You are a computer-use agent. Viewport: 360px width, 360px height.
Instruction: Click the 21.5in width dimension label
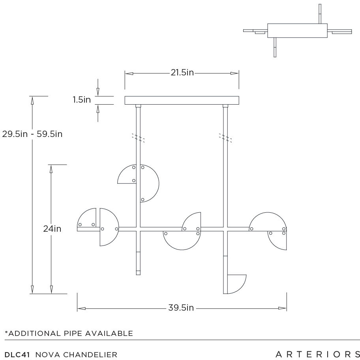[182, 73]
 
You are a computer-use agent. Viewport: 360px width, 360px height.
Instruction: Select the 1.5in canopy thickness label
[82, 100]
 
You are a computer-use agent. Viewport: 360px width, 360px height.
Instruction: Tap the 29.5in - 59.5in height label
[32, 134]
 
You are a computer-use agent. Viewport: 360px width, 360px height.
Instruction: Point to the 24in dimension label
[52, 229]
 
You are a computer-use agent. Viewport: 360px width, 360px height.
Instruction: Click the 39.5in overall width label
[181, 308]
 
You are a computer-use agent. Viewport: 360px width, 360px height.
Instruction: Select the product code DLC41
[18, 354]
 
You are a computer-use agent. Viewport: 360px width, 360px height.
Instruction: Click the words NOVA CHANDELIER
[76, 354]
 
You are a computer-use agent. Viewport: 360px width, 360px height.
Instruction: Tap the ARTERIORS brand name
[317, 354]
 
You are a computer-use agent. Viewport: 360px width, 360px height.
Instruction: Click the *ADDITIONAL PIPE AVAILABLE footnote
[69, 334]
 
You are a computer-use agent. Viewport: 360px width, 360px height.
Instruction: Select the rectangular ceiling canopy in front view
[182, 100]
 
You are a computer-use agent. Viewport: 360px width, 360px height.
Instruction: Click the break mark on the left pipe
[138, 137]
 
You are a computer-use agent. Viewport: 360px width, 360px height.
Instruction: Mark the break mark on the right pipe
[225, 137]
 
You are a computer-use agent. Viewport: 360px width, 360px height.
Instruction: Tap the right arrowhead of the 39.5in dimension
[282, 308]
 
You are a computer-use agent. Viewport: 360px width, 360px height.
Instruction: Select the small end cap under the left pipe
[138, 272]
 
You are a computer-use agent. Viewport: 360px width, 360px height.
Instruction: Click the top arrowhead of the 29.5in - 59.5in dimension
[32, 100]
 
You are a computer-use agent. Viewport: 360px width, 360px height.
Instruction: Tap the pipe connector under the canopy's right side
[225, 106]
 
